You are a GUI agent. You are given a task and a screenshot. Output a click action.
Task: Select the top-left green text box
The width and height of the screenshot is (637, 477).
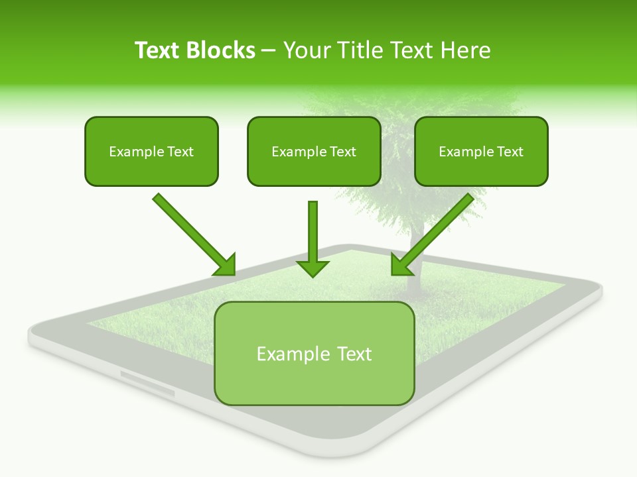pos(151,151)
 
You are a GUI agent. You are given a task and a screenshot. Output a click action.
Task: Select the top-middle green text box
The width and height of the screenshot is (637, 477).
pos(314,151)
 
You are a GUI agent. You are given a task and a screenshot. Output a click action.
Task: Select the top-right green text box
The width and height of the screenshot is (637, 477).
pos(481,151)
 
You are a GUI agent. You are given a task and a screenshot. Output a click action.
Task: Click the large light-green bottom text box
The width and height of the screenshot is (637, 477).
pos(314,353)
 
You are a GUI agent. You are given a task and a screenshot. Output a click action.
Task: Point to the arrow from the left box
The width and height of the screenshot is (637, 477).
pos(192,233)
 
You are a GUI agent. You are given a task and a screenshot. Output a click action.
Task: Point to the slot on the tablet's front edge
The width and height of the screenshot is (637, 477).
pos(147,384)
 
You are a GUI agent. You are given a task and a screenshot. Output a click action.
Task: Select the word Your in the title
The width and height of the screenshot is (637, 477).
pos(307,50)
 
